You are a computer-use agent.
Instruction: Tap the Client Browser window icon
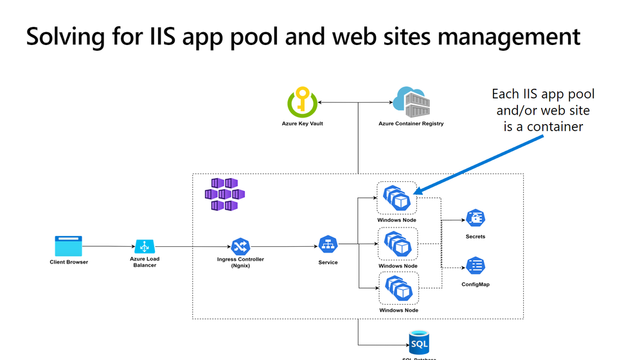point(69,246)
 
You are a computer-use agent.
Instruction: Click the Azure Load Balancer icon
point(145,246)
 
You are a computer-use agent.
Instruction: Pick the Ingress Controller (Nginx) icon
point(240,246)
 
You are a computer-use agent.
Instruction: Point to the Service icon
point(328,245)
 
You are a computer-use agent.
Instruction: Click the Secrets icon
point(476,219)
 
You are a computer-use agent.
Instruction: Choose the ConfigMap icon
point(476,265)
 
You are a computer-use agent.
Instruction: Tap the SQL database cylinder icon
point(419,341)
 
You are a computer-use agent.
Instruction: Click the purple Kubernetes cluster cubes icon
point(224,194)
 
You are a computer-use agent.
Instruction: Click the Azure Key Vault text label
point(302,123)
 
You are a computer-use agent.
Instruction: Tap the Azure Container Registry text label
point(411,123)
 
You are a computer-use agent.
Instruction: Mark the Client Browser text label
point(69,262)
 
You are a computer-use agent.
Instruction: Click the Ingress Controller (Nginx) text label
point(240,262)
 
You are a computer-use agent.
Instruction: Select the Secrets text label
point(476,237)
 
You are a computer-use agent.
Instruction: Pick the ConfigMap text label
point(476,284)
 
